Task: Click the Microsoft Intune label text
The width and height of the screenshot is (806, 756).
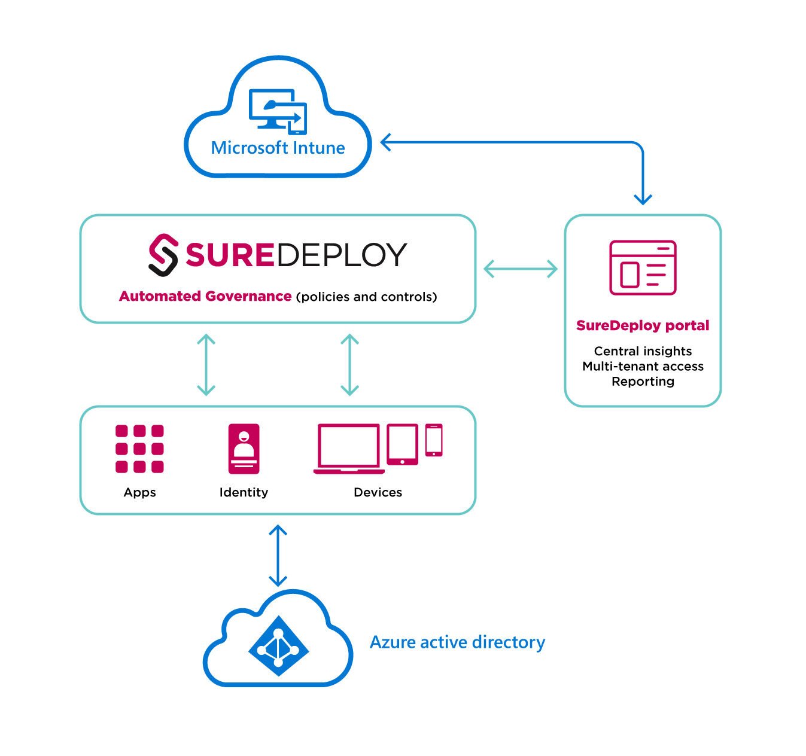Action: [x=278, y=148]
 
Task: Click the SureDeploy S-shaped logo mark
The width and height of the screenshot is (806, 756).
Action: [x=163, y=255]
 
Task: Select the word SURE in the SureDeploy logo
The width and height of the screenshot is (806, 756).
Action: [x=229, y=255]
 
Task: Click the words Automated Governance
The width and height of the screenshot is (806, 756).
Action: [x=205, y=296]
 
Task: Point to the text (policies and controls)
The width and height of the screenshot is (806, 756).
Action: [x=366, y=297]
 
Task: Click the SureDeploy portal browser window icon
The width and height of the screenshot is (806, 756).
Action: [x=643, y=267]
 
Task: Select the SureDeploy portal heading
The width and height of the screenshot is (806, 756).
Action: [x=643, y=325]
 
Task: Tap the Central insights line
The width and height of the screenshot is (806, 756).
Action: [x=643, y=351]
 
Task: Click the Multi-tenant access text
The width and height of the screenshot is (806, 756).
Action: [x=643, y=366]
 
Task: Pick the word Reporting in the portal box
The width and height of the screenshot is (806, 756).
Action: [x=643, y=382]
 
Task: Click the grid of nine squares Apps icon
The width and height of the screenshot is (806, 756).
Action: [x=139, y=449]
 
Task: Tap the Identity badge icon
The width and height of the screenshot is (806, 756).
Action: [x=244, y=449]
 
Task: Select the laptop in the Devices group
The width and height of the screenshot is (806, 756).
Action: [x=348, y=449]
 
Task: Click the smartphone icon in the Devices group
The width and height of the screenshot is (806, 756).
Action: [x=434, y=440]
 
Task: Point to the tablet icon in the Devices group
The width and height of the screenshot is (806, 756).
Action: [x=402, y=444]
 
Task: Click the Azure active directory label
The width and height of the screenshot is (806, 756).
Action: [x=457, y=642]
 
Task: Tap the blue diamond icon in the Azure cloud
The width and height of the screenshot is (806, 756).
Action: [x=278, y=647]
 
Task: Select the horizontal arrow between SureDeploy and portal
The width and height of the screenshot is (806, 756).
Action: [x=520, y=269]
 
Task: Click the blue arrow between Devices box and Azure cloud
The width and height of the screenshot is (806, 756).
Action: [x=278, y=555]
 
